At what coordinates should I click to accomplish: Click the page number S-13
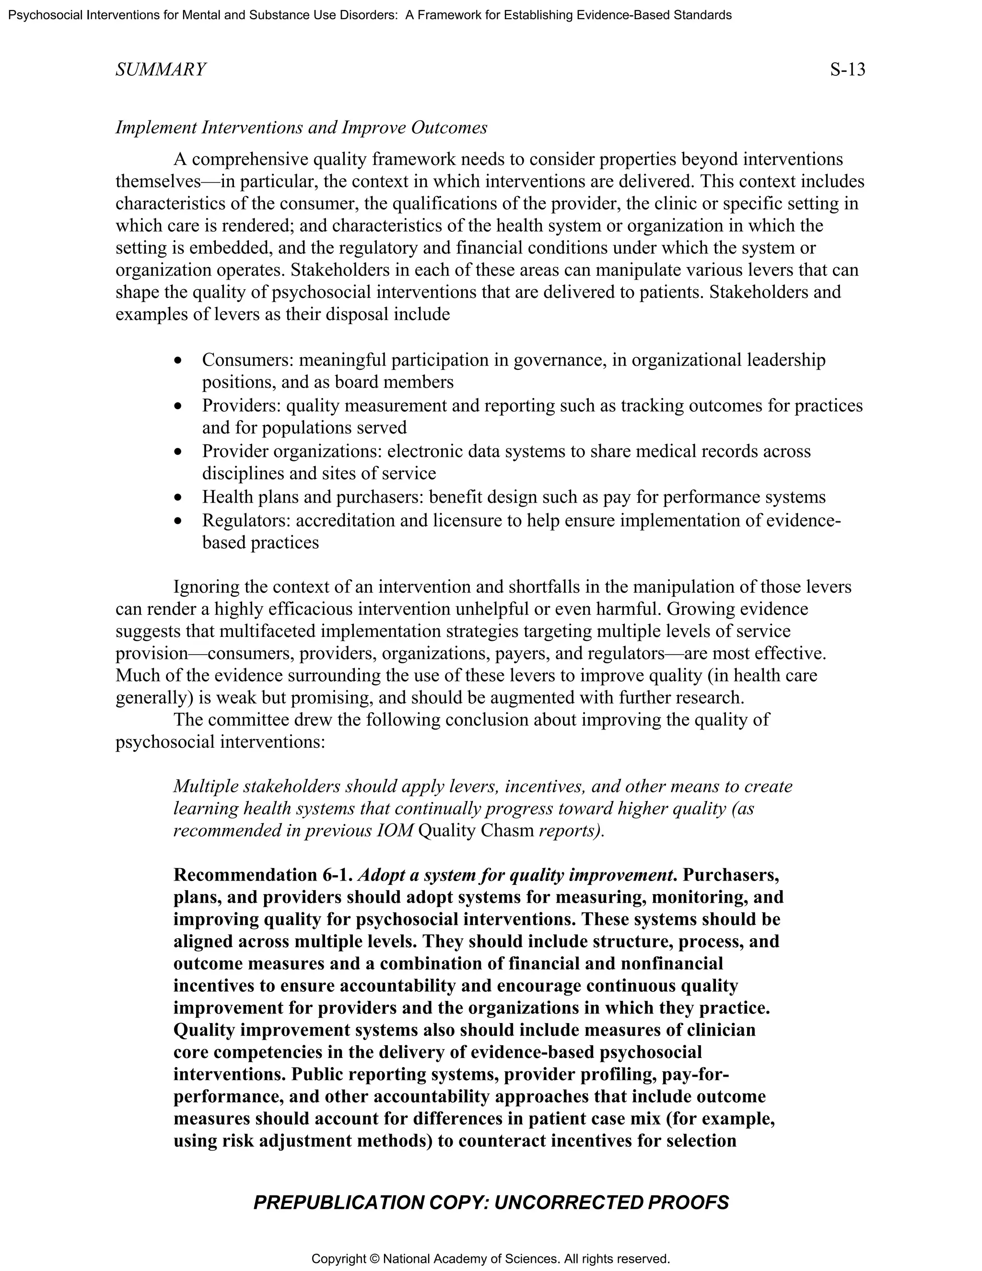click(848, 70)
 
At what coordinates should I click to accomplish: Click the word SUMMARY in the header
click(161, 70)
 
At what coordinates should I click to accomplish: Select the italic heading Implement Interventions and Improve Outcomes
click(301, 128)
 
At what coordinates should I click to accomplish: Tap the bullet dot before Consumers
click(178, 361)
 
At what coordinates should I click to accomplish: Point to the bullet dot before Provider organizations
click(178, 452)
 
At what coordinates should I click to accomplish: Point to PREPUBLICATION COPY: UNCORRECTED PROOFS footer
click(491, 1202)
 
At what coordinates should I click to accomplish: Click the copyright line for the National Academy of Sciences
click(491, 1259)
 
